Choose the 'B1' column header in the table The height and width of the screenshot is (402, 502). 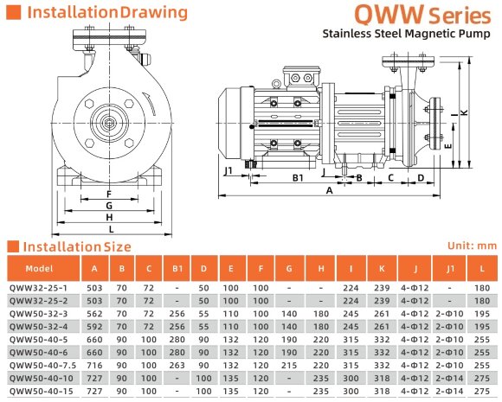[x=177, y=268]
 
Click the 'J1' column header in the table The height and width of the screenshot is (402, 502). [x=450, y=268]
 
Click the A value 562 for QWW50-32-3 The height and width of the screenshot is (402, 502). [x=93, y=314]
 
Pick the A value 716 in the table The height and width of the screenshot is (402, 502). [x=93, y=366]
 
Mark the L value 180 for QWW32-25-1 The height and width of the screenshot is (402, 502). [x=483, y=288]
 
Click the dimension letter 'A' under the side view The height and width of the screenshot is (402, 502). [x=330, y=193]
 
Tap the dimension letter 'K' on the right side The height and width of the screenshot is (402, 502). [x=464, y=112]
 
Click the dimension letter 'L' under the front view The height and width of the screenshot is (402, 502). [x=109, y=228]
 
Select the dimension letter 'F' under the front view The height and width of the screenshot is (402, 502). [x=109, y=194]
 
